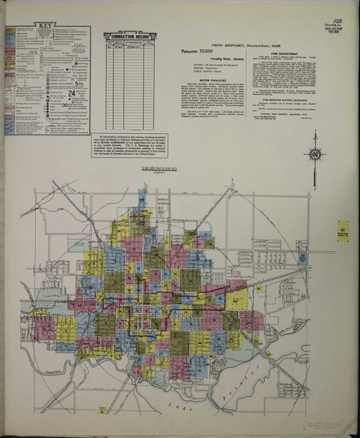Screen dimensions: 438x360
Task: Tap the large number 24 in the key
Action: pyautogui.click(x=72, y=94)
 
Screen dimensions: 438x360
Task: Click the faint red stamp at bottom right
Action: pyautogui.click(x=321, y=424)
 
